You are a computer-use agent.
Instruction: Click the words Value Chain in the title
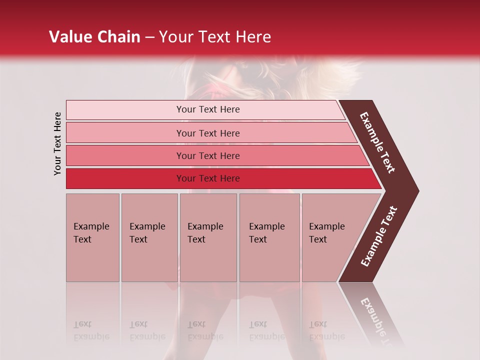click(94, 37)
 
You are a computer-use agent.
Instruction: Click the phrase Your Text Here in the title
click(215, 37)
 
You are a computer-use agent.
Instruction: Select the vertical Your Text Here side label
click(57, 143)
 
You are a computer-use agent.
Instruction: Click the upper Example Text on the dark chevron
click(377, 142)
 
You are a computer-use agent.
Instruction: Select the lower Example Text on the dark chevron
click(379, 236)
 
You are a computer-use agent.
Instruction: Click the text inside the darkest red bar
click(208, 178)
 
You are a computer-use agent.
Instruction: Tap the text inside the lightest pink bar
click(208, 109)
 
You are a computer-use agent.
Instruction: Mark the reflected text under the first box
click(91, 331)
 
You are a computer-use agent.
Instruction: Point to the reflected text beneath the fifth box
click(326, 331)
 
